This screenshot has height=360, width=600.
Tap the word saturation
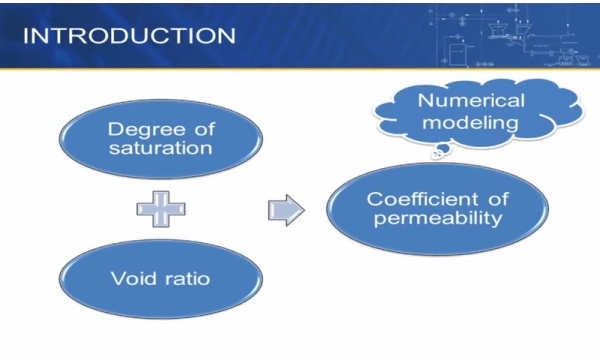[162, 149]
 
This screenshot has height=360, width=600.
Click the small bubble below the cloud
[437, 154]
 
